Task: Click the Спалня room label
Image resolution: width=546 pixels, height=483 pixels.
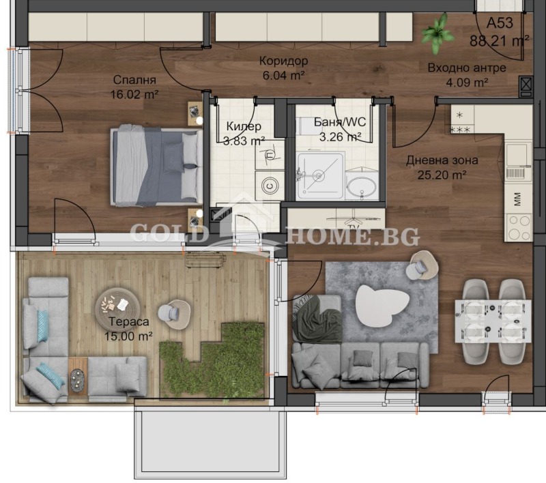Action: [134, 79]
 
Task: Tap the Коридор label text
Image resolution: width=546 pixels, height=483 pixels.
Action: [283, 61]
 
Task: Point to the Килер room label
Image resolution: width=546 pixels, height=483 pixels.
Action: [244, 126]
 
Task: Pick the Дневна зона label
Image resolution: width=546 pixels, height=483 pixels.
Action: [442, 160]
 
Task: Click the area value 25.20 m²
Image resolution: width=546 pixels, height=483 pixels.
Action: [442, 175]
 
